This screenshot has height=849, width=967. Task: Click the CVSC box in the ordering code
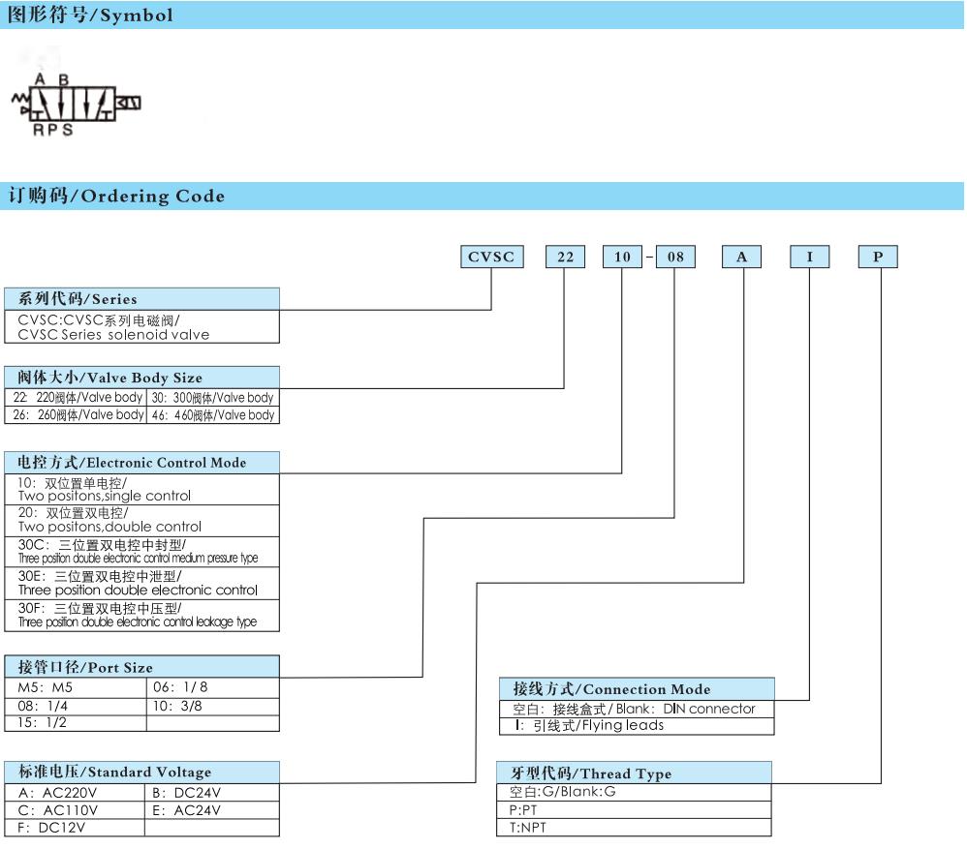point(492,257)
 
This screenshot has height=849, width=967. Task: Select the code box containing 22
point(565,257)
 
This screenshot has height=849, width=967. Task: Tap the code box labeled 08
point(675,257)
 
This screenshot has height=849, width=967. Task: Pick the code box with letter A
point(741,257)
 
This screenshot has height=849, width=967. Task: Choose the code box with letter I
point(810,257)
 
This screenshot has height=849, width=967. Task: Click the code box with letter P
point(878,257)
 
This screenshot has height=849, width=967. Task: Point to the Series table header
point(141,299)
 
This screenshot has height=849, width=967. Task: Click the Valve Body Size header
point(141,377)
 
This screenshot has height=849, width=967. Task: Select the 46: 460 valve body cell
point(213,415)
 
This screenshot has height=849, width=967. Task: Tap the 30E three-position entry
point(141,583)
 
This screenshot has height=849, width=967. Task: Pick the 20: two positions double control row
point(141,521)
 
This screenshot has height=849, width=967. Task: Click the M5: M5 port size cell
point(76,687)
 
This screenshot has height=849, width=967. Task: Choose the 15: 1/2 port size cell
point(76,723)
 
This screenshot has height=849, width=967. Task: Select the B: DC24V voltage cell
point(212,792)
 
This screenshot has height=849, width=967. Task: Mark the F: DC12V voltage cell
point(75,828)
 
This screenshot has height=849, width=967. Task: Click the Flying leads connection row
point(637,726)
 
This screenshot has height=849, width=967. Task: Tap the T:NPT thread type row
point(634,828)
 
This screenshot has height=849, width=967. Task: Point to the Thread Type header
point(634,773)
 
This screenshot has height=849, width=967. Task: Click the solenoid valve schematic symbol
point(77,104)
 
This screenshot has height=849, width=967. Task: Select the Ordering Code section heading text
point(116,196)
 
